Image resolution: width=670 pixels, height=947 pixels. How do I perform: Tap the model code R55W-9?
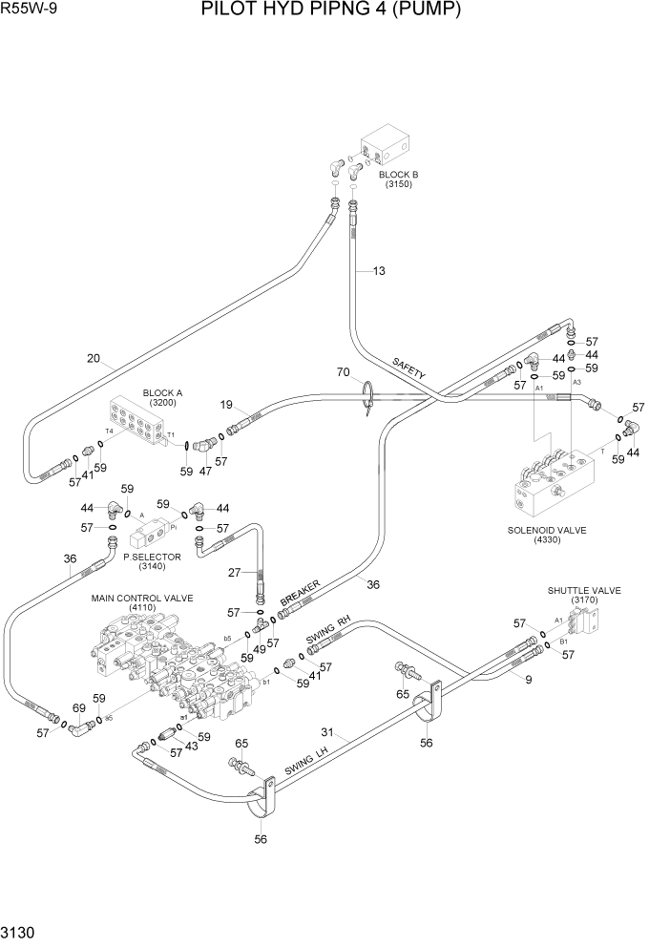click(27, 11)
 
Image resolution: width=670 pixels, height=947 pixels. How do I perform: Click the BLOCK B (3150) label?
click(398, 179)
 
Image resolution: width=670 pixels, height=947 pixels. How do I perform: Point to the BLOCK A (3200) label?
click(162, 398)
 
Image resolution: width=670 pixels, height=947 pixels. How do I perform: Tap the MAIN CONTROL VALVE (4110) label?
click(142, 603)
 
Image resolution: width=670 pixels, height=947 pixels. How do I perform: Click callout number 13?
click(379, 271)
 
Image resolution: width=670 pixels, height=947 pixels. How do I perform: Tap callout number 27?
click(235, 573)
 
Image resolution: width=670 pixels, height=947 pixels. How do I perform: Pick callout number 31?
click(326, 733)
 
